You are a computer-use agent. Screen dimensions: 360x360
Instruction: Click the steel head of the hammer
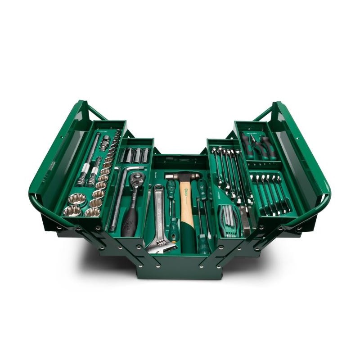click(182, 176)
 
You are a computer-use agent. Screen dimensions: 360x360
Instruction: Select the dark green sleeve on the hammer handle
click(188, 241)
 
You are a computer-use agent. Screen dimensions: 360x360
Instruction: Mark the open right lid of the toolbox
click(299, 148)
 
